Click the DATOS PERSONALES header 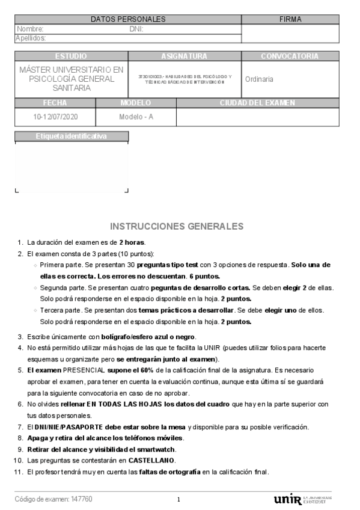127,19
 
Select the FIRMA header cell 290,19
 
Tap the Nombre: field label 30,29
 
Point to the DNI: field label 136,29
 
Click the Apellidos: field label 31,38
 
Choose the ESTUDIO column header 71,56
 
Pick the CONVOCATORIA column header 290,56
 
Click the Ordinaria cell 260,79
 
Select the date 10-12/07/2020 55,117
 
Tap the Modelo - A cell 136,117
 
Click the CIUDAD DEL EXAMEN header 257,103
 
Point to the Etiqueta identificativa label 71,136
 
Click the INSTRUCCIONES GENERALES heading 177,226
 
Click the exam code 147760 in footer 81,499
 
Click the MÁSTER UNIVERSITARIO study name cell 71,79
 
